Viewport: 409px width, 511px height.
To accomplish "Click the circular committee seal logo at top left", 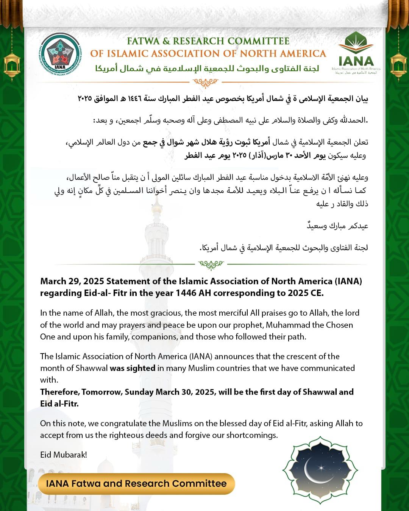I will pos(60,57).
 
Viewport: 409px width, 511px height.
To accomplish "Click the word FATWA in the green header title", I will pos(143,41).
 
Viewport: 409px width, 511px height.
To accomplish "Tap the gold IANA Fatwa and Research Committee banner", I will pos(136,484).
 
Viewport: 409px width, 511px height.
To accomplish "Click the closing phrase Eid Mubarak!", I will pos(64,455).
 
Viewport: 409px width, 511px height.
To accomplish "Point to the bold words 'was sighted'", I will pos(133,368).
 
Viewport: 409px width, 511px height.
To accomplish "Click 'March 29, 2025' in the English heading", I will pos(72,281).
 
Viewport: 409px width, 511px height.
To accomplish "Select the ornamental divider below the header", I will pos(205,82).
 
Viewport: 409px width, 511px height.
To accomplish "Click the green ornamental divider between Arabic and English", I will pos(211,264).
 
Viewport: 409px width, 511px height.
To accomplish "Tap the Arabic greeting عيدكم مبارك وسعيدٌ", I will pos(337,226).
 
